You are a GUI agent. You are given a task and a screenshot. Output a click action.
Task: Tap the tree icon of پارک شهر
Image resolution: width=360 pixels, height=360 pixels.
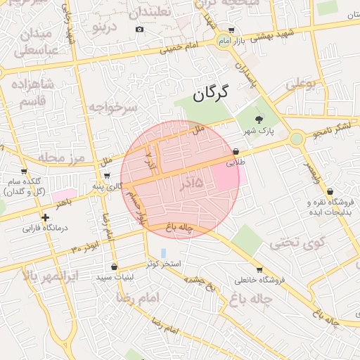coord(258,119)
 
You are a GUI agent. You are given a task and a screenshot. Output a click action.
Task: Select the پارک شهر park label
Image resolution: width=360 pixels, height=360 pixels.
coord(258,131)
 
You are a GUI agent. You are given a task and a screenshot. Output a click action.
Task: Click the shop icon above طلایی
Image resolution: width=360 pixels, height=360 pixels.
coord(236,151)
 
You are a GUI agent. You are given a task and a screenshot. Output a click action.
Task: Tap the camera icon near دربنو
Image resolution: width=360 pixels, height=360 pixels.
coord(139,29)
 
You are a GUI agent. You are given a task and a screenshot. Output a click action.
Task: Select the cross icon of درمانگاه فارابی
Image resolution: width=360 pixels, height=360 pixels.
coord(46,217)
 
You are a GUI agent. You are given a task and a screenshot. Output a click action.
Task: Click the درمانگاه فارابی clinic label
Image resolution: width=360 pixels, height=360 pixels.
coord(44,229)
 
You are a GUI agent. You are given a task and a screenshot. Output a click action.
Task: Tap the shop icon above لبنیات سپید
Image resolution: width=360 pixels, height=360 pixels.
coord(114,266)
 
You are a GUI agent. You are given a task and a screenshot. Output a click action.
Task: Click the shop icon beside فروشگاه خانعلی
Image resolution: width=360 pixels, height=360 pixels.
coord(259,269)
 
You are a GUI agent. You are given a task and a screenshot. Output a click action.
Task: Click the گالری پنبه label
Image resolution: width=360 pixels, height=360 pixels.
coord(108,186)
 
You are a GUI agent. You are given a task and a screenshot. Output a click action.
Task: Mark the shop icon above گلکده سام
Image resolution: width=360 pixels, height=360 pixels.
coord(25,171)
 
